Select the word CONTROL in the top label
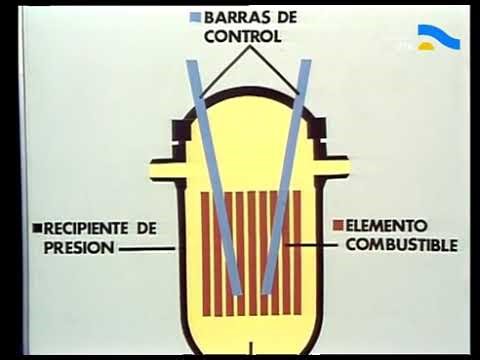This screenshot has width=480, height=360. (242, 36)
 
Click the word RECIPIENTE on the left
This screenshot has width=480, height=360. (85, 228)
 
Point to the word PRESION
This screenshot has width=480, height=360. (77, 247)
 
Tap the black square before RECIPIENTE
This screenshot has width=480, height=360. (36, 228)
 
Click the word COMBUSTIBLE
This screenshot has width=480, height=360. (396, 245)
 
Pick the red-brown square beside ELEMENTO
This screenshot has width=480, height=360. (338, 226)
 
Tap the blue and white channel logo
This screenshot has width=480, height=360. (438, 38)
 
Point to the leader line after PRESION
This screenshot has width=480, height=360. (146, 248)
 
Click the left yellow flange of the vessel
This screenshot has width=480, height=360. (165, 170)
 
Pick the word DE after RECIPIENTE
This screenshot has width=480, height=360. (147, 228)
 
